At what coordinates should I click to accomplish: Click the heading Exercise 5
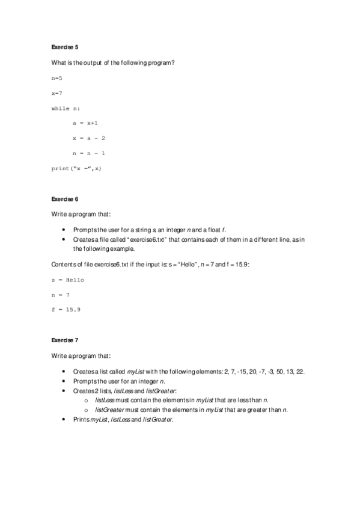(65, 46)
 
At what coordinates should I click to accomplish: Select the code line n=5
(57, 78)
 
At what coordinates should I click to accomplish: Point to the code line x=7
(57, 93)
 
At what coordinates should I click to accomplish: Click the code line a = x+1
(85, 123)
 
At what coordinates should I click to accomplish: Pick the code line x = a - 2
(89, 138)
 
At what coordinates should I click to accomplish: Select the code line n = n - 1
(89, 153)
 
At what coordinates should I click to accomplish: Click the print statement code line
(76, 168)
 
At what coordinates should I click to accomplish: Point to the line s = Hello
(68, 280)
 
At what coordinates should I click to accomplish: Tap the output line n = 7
(61, 295)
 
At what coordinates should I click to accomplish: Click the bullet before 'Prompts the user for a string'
(64, 230)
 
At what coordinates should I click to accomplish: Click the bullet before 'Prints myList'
(64, 419)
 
